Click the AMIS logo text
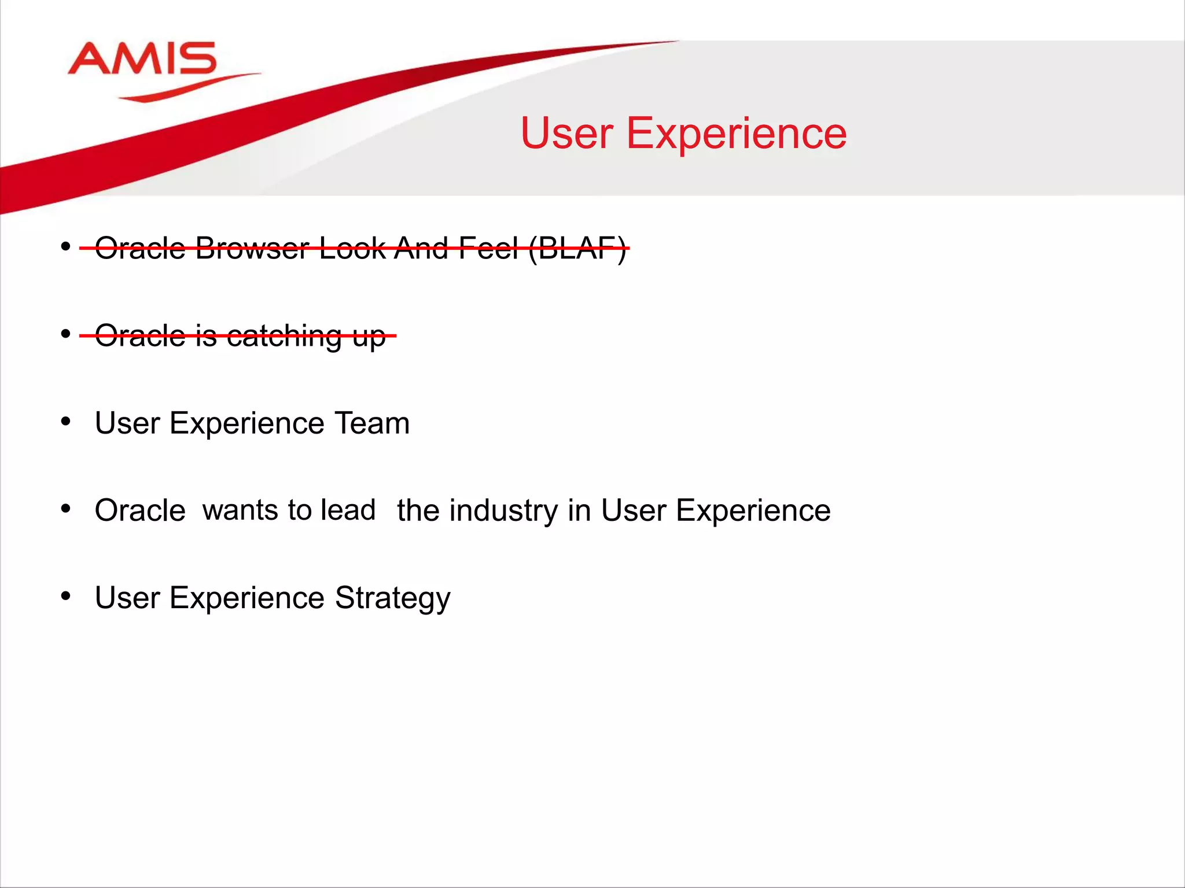pyautogui.click(x=142, y=59)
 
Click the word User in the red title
pyautogui.click(x=566, y=134)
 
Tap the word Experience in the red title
pyautogui.click(x=737, y=134)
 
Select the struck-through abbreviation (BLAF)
pyautogui.click(x=577, y=249)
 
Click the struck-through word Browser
pyautogui.click(x=252, y=249)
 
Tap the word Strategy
pyautogui.click(x=392, y=598)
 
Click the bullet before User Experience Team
pyautogui.click(x=66, y=421)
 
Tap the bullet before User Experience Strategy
pyautogui.click(x=66, y=595)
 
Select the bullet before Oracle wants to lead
pyautogui.click(x=66, y=509)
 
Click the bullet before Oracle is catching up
pyautogui.click(x=66, y=334)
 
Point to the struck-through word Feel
pyautogui.click(x=488, y=249)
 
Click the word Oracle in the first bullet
pyautogui.click(x=140, y=249)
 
